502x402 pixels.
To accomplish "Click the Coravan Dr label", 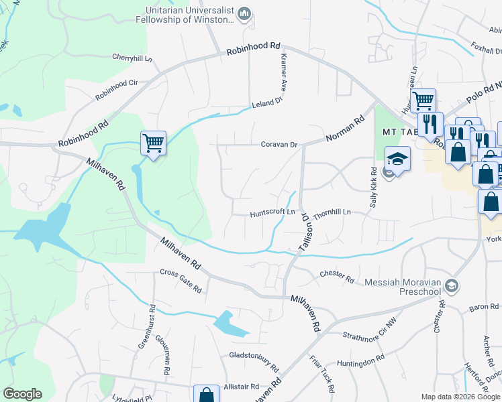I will tap(279, 144).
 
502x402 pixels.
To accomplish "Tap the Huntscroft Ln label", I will tap(272, 214).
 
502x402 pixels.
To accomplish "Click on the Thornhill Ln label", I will tap(332, 212).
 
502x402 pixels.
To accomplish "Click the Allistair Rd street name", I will tap(242, 387).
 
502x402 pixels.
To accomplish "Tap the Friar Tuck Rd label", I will tap(323, 375).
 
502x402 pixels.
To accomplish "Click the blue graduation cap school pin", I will tap(397, 159).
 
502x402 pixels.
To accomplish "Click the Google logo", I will tap(22, 394).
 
